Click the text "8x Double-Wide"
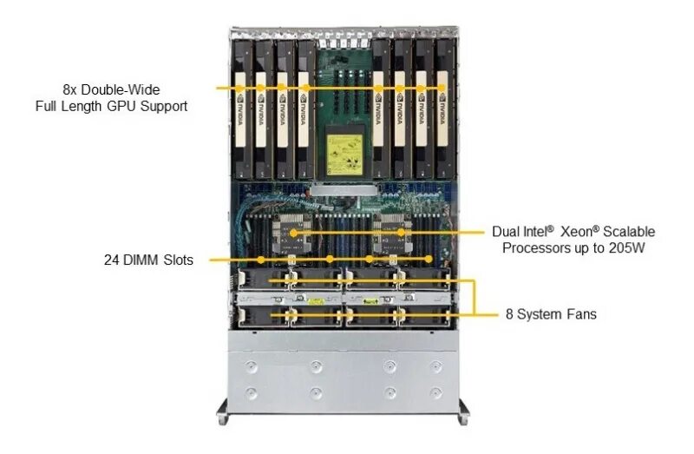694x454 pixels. tap(111, 89)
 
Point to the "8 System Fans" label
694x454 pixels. tap(551, 313)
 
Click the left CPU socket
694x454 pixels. tap(293, 233)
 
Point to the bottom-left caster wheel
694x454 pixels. tap(225, 420)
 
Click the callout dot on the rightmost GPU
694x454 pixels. tap(441, 88)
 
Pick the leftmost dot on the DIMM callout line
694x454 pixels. tap(260, 260)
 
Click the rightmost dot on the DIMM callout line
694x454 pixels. tap(429, 260)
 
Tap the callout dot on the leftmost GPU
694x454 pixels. tap(239, 88)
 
